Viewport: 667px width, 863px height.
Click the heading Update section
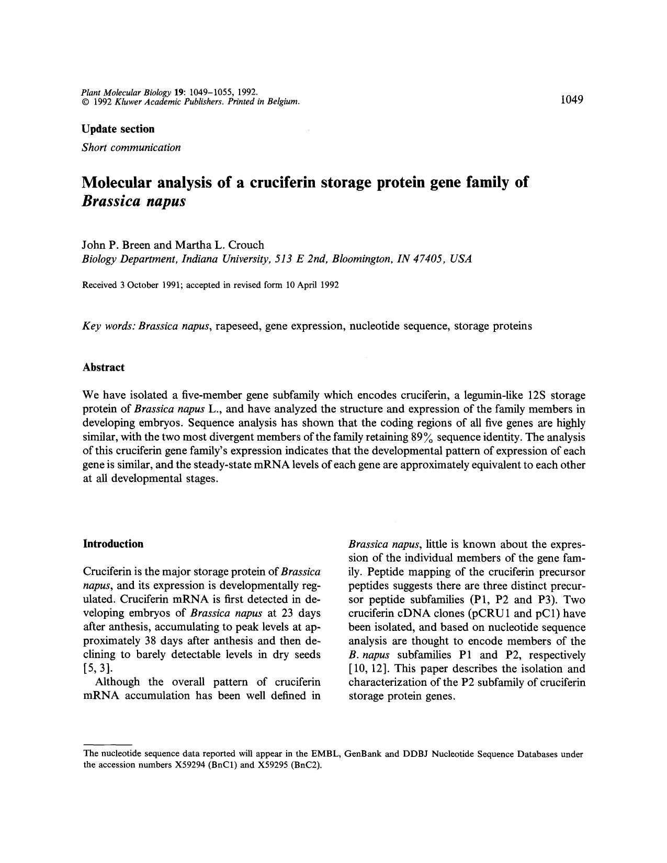pyautogui.click(x=118, y=129)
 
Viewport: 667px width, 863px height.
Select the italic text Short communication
pyautogui.click(x=131, y=147)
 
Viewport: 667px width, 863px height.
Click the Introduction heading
pyautogui.click(x=113, y=544)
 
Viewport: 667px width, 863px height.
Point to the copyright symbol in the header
pyautogui.click(x=86, y=102)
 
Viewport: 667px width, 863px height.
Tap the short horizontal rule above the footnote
pyautogui.click(x=107, y=744)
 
